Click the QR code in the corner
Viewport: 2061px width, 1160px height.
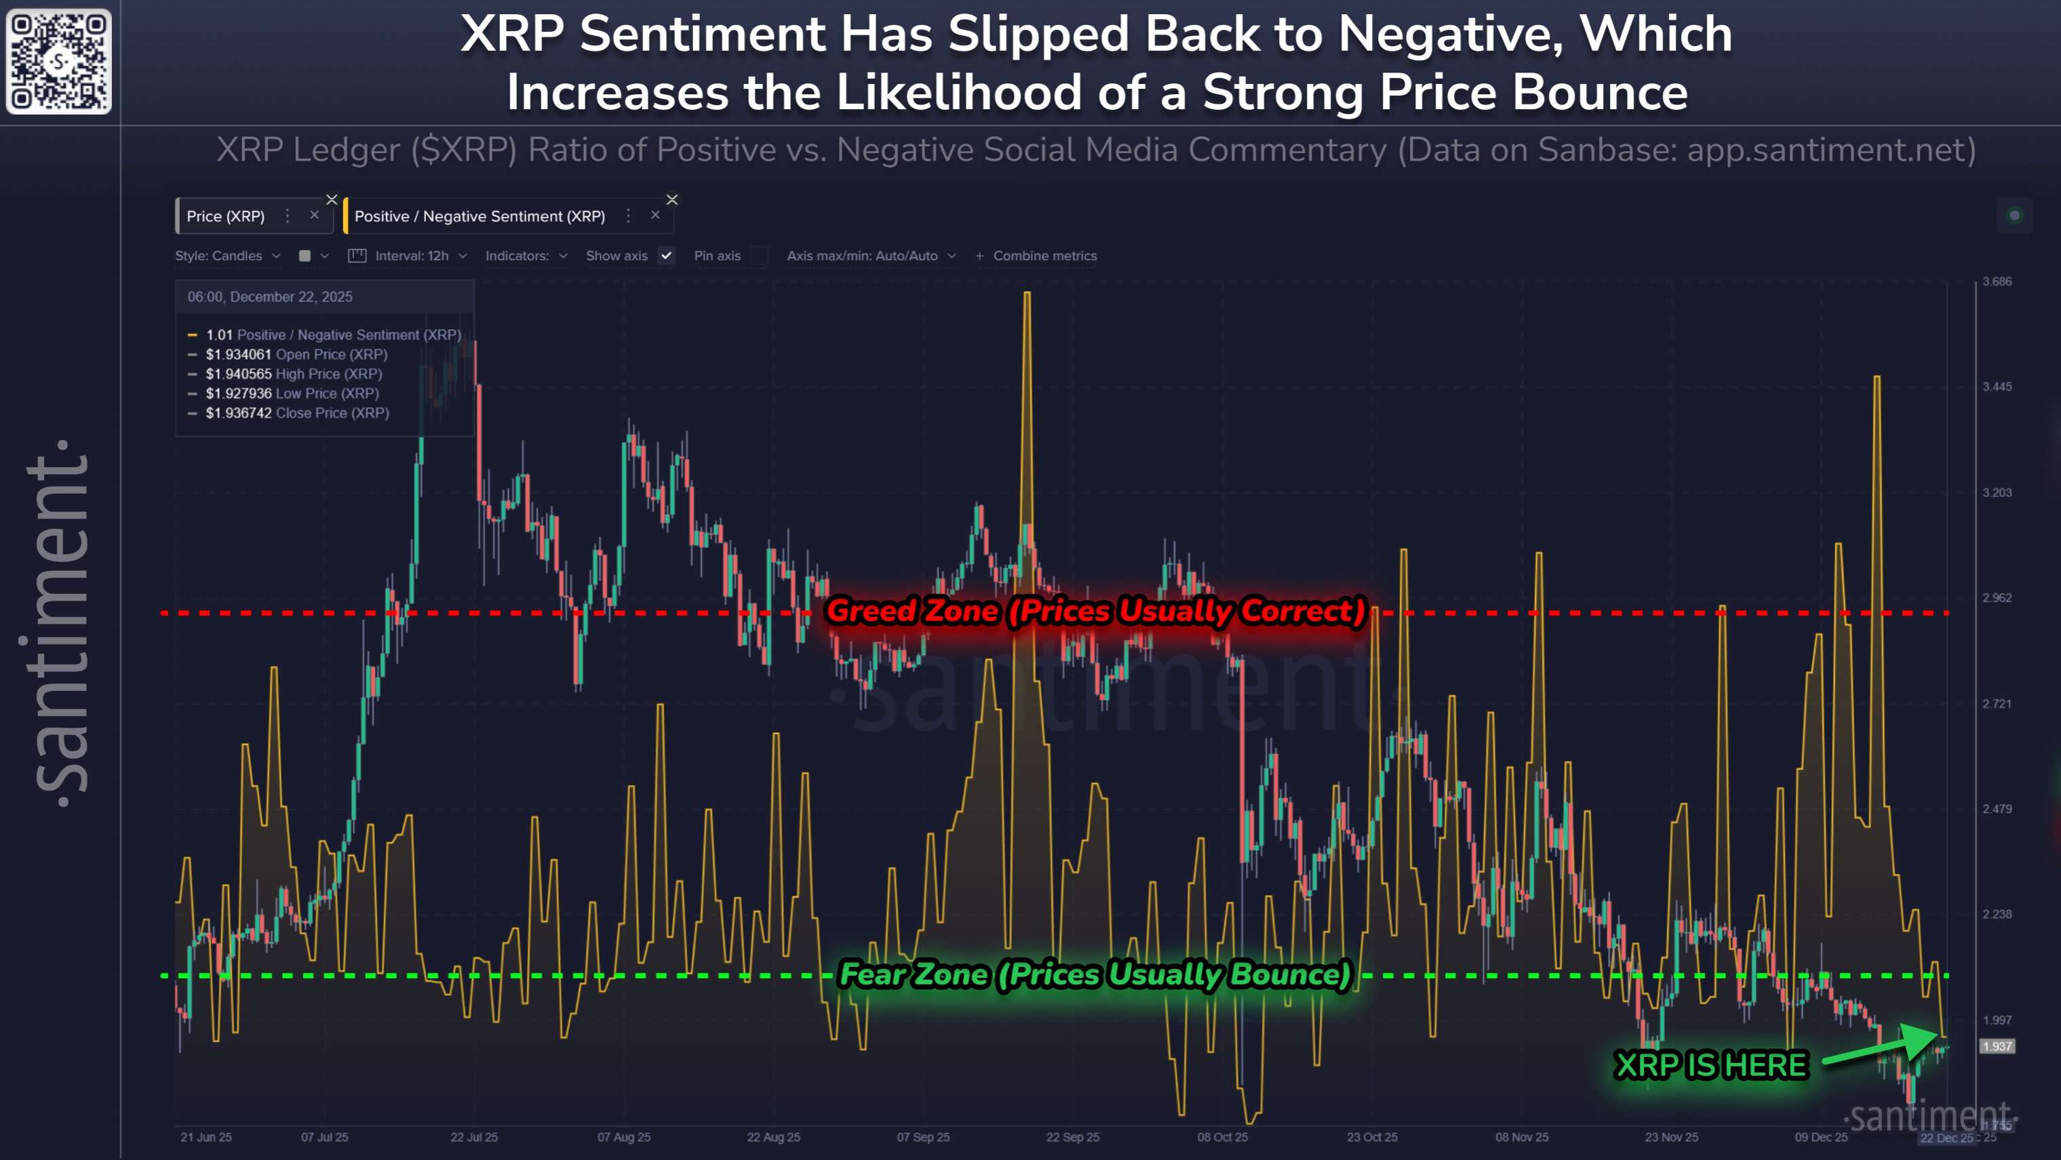click(x=58, y=61)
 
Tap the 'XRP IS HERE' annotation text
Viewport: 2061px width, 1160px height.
click(x=1711, y=1066)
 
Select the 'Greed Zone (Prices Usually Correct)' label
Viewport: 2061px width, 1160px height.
click(x=1095, y=612)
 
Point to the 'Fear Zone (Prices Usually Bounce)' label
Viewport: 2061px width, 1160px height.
click(x=1095, y=974)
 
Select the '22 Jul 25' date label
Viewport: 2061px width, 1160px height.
click(x=473, y=1137)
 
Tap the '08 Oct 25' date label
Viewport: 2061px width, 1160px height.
click(x=1221, y=1137)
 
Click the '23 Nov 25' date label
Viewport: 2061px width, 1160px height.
click(x=1670, y=1137)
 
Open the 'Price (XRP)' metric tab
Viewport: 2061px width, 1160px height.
click(x=226, y=216)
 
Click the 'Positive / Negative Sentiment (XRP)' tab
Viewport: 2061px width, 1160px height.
click(x=479, y=216)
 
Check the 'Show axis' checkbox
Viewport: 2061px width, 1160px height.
click(x=666, y=256)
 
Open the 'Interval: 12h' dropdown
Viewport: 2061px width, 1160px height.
click(x=410, y=256)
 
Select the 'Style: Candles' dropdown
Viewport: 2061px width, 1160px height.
click(x=227, y=256)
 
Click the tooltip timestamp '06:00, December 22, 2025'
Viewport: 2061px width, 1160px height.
click(x=270, y=297)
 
